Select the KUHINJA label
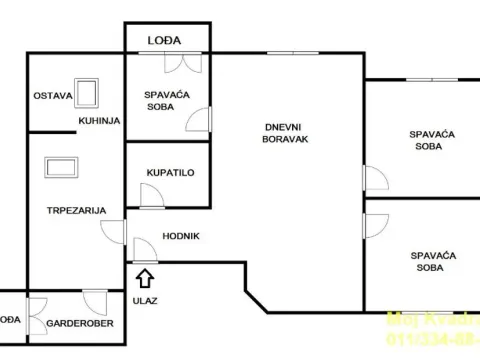pyautogui.click(x=100, y=120)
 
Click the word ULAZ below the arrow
pyautogui.click(x=145, y=299)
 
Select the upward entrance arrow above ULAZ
pyautogui.click(x=144, y=276)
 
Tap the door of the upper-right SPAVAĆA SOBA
pyautogui.click(x=374, y=181)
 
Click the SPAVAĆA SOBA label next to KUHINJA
pyautogui.click(x=167, y=101)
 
